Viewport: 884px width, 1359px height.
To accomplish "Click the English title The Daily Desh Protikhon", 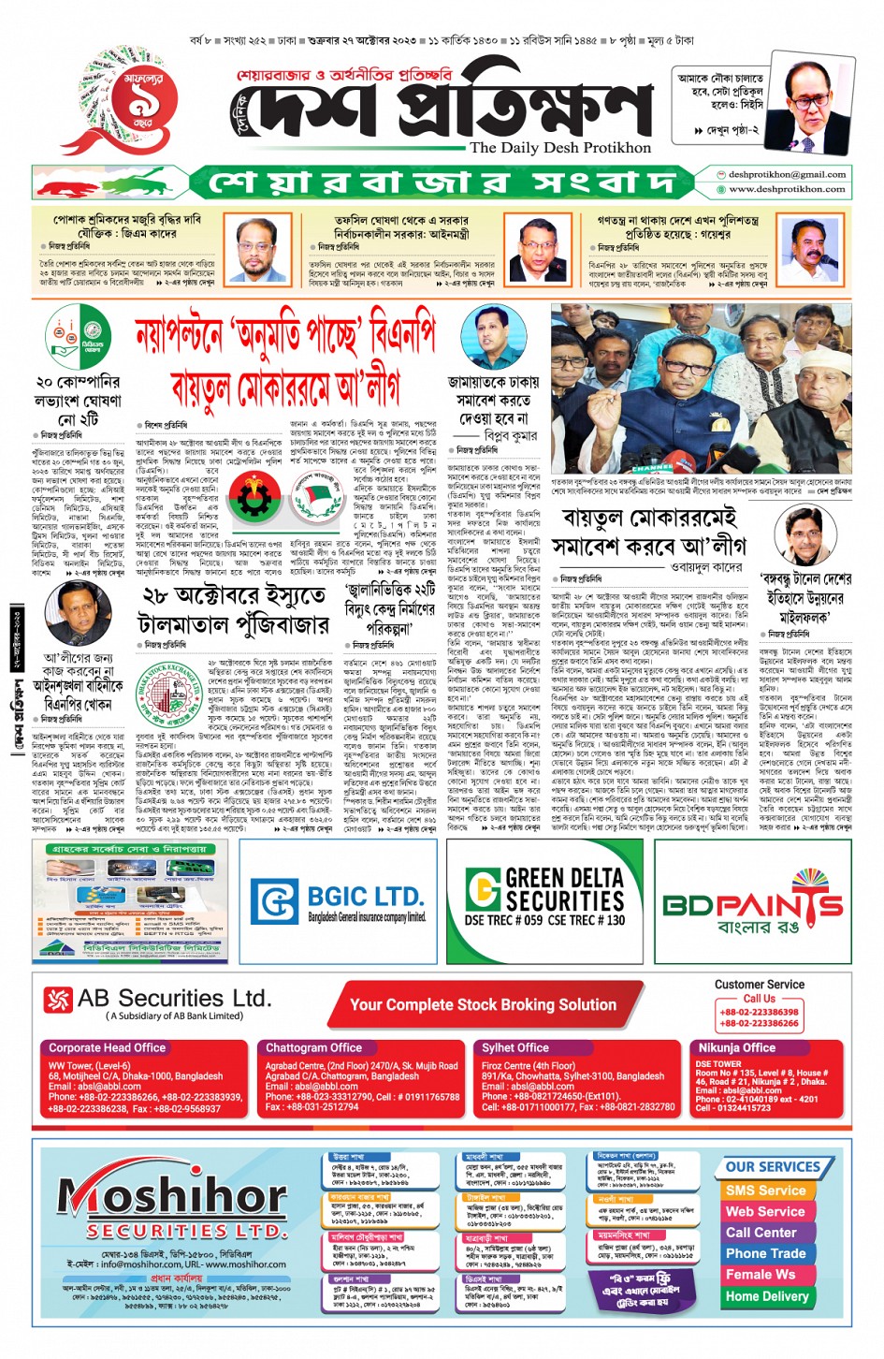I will (560, 147).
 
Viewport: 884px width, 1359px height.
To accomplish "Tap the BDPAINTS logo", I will (753, 905).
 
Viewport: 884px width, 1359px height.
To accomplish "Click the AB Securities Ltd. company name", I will (174, 999).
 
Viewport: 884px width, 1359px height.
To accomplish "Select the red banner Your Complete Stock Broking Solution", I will (483, 1004).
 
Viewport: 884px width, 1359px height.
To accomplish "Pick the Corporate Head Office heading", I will (107, 1047).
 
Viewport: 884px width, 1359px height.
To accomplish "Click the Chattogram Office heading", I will (313, 1047).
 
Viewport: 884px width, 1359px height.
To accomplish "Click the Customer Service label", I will (759, 985).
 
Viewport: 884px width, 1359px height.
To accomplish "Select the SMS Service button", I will (765, 1191).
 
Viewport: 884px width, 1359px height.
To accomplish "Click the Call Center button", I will (761, 1233).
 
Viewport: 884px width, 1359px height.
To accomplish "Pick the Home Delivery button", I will (767, 1296).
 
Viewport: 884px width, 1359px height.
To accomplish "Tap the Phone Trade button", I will (765, 1253).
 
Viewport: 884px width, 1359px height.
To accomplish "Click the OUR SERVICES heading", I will (773, 1167).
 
